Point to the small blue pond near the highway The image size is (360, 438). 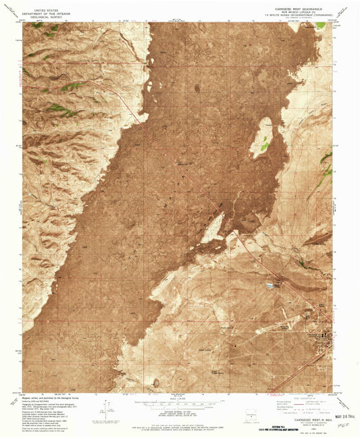272,285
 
